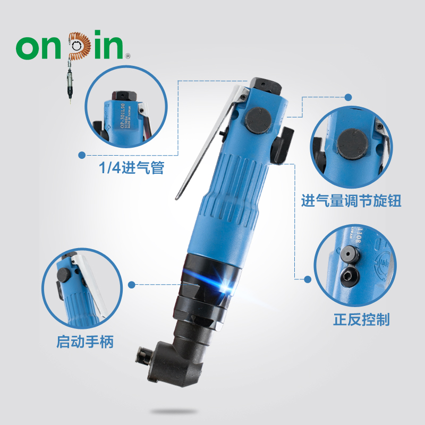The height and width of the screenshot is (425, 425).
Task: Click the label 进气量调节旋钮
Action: click(351, 201)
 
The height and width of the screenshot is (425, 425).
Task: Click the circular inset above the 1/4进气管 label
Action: click(123, 112)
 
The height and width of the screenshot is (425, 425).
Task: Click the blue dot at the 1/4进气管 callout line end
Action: click(82, 155)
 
